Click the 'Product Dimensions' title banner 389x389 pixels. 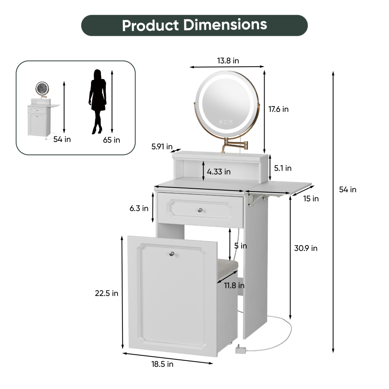194,25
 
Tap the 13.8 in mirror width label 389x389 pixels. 228,61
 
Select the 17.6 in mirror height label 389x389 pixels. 279,109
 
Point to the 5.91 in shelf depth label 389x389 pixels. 162,147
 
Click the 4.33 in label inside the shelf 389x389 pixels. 219,171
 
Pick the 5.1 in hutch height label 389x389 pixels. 282,168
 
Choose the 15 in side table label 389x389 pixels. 311,199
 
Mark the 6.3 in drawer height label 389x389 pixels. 139,209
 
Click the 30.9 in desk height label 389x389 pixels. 306,248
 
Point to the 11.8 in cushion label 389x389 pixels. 234,286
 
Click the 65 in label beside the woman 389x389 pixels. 112,140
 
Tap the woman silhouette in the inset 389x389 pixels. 98,102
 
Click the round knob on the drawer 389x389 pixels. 200,210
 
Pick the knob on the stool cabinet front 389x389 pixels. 172,254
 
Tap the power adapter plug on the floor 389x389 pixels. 240,350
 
